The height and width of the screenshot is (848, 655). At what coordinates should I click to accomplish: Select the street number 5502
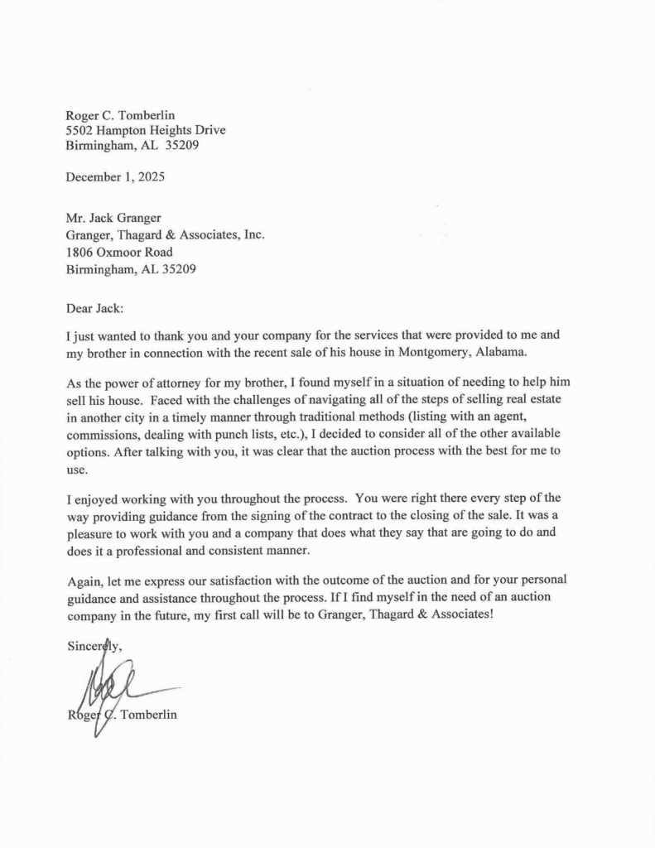click(x=81, y=130)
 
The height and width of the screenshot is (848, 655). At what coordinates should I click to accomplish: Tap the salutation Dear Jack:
click(x=94, y=309)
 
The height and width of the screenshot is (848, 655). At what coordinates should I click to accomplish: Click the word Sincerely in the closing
click(x=94, y=646)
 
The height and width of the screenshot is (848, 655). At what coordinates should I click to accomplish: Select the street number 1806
click(x=81, y=252)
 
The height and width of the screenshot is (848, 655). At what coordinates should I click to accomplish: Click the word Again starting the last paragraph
click(x=84, y=580)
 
